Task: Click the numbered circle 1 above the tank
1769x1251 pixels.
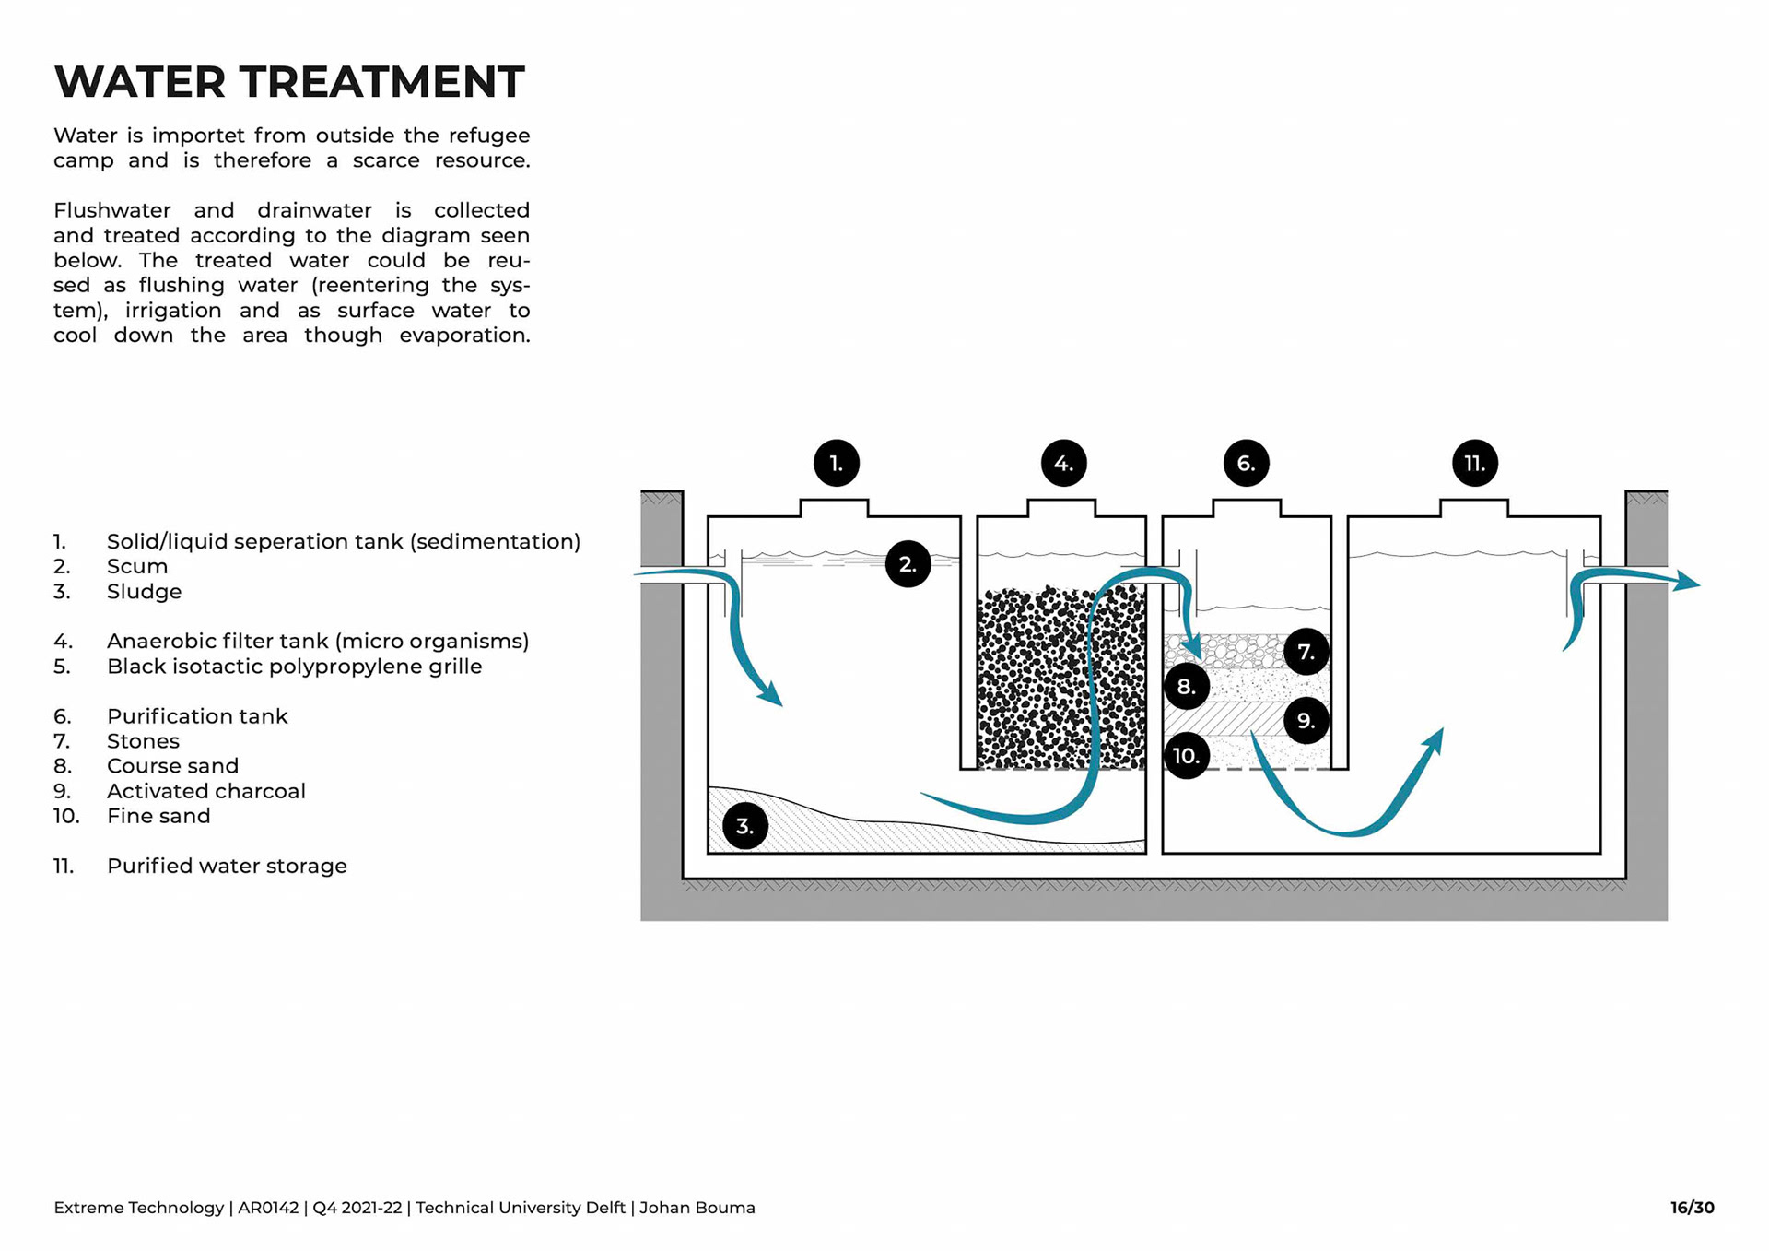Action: tap(837, 463)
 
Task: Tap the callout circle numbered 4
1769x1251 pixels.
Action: tap(1063, 463)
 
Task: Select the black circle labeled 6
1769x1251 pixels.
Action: tap(1246, 463)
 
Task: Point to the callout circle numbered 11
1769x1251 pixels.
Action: tap(1474, 463)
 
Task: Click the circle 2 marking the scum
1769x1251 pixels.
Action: tap(908, 564)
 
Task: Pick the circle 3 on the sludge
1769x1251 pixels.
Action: tap(745, 826)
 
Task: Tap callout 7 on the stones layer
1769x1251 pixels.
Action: tap(1306, 652)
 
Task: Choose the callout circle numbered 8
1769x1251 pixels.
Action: tap(1187, 686)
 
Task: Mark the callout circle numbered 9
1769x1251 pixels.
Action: tap(1306, 720)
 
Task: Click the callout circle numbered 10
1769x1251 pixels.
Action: tap(1186, 756)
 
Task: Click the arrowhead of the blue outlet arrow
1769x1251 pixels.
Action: tap(1688, 582)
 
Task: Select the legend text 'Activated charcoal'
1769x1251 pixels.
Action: tap(205, 791)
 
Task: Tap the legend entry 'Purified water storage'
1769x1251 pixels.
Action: tap(227, 866)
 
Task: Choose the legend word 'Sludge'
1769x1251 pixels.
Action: tap(144, 591)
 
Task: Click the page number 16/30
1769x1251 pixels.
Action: tap(1692, 1208)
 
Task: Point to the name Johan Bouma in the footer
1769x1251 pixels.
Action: tap(697, 1208)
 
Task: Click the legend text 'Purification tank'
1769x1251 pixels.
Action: tap(197, 716)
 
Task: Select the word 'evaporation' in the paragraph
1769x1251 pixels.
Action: tap(464, 336)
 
